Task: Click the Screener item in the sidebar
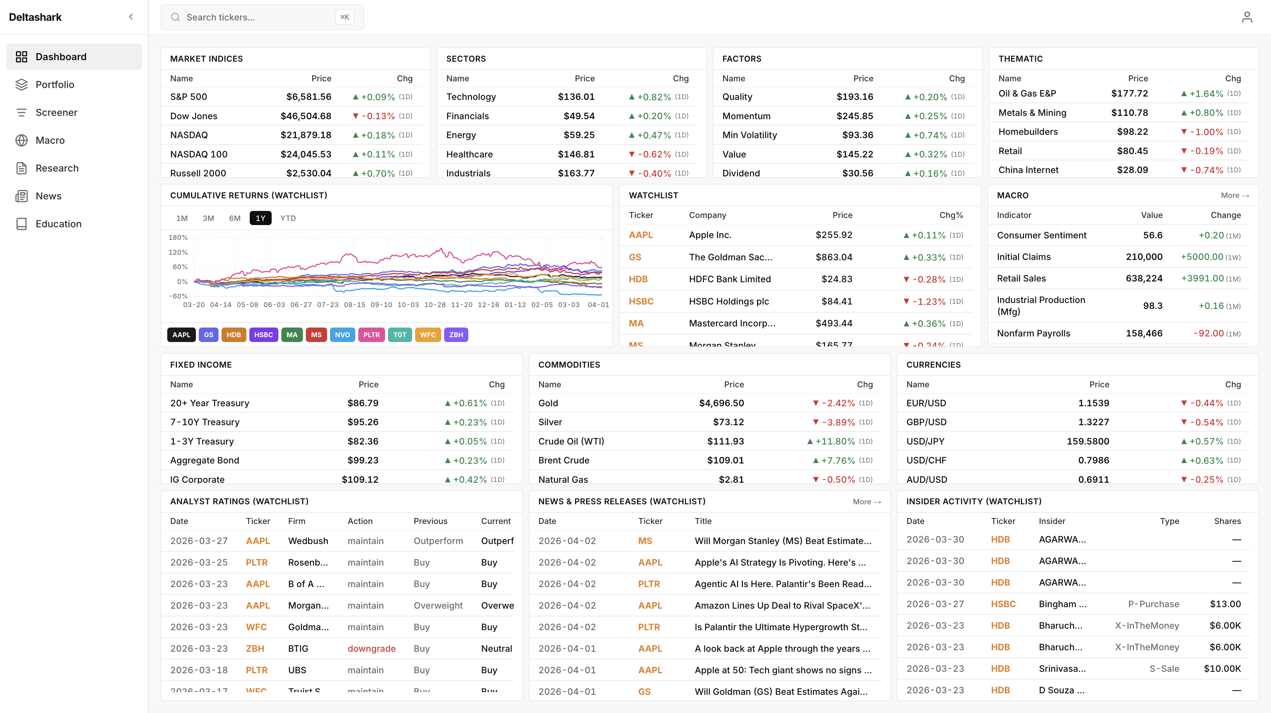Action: point(56,113)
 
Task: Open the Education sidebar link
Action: point(58,224)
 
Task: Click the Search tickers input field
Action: point(256,17)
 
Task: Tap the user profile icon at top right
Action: point(1247,17)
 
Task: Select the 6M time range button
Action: point(235,218)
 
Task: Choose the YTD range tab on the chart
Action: point(288,218)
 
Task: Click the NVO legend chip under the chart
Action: point(342,335)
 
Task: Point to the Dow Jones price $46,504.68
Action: point(305,116)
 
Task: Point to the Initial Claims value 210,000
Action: point(1144,257)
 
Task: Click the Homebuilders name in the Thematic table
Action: point(1028,132)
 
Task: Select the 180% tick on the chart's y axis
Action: point(178,238)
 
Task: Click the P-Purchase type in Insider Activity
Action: point(1153,604)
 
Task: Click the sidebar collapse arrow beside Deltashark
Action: point(131,17)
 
